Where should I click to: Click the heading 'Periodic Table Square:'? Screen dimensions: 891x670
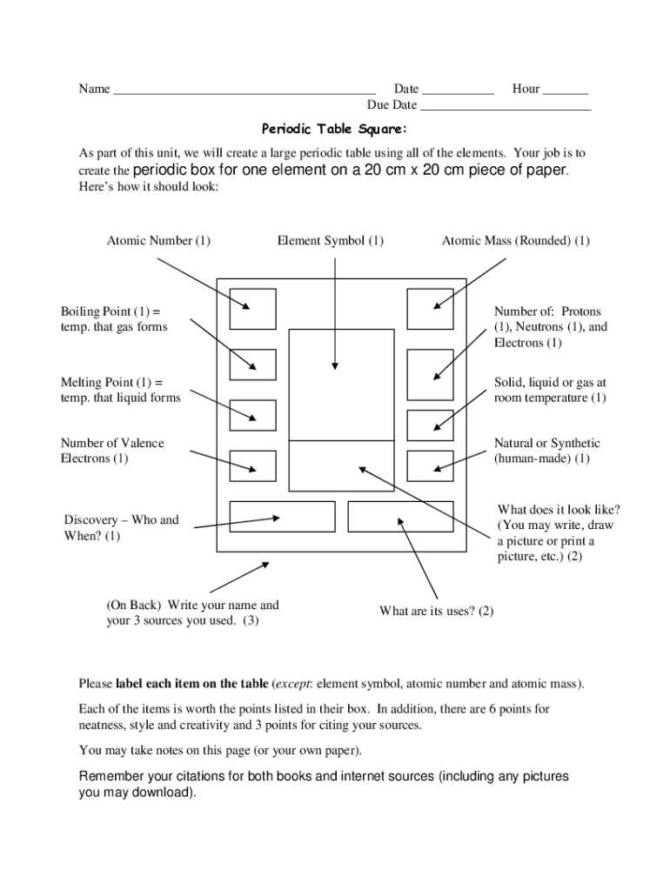pyautogui.click(x=334, y=130)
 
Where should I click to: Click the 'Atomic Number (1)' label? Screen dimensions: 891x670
pyautogui.click(x=158, y=240)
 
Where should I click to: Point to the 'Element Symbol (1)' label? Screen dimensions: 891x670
pyautogui.click(x=330, y=240)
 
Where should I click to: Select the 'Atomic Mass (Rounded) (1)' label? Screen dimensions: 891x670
pyautogui.click(x=515, y=240)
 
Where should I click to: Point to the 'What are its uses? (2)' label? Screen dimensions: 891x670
pyautogui.click(x=436, y=611)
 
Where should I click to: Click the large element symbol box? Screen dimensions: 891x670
pyautogui.click(x=341, y=385)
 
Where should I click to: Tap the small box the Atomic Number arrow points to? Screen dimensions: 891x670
pyautogui.click(x=252, y=309)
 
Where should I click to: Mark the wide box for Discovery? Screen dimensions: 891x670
pyautogui.click(x=282, y=516)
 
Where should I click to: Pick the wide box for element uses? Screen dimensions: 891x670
pyautogui.click(x=400, y=516)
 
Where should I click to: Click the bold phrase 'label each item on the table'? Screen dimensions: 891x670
pyautogui.click(x=191, y=683)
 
